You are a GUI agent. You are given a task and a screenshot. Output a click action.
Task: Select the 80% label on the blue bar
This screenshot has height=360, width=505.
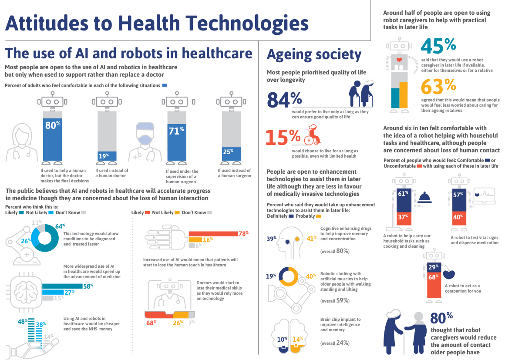point(52,125)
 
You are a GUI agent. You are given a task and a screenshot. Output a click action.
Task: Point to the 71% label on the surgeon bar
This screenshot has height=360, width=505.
point(175,130)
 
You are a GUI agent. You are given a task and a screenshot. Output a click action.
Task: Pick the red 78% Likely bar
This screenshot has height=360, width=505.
point(213,234)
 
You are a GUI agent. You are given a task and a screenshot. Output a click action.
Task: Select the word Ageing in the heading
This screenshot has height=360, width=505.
point(291,55)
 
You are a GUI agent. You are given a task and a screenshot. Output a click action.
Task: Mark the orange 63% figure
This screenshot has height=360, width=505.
point(438,86)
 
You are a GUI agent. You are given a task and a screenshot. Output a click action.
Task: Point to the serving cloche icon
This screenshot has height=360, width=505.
point(424,198)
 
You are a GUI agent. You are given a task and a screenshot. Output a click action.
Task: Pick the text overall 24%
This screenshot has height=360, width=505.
point(335,343)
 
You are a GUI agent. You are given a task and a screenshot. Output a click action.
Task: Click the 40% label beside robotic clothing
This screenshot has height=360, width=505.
point(310,276)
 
